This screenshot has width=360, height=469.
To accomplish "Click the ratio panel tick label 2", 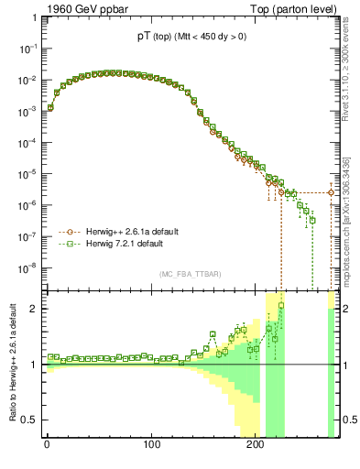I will pos(31,309).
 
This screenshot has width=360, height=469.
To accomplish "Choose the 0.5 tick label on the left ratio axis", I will pos(27,420).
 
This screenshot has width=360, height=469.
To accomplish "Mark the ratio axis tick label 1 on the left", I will pos(31,365).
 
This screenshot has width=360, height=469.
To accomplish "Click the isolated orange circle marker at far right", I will pos(332,192).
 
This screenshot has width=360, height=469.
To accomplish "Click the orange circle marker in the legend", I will pos(64,232).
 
